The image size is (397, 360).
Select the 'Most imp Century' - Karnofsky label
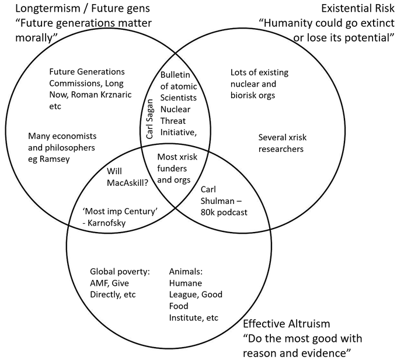tap(121, 216)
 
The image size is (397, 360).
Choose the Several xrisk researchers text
tap(281, 143)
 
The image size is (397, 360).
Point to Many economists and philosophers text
tap(61, 147)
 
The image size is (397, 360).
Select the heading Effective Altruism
tap(286, 323)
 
